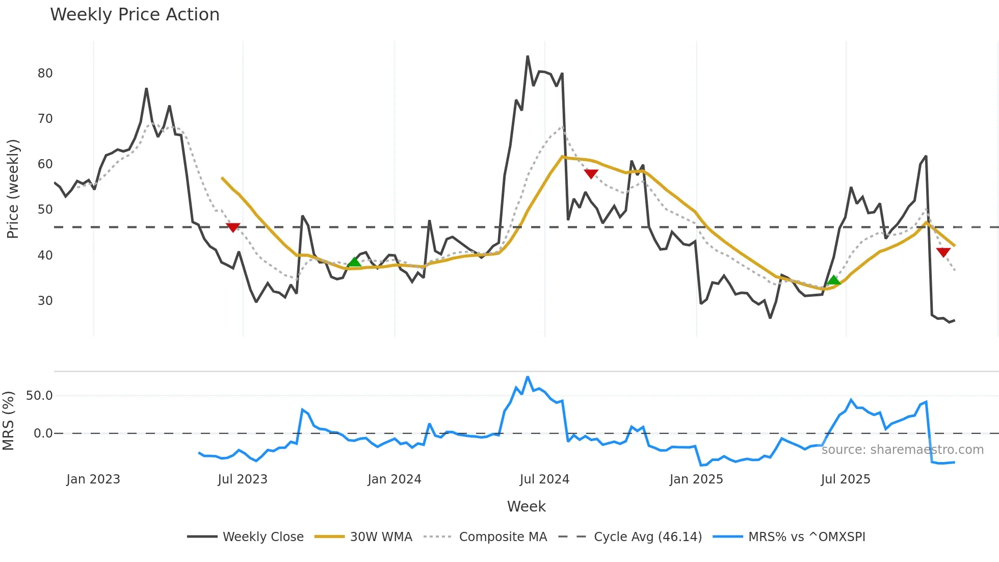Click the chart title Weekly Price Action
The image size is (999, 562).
coord(135,15)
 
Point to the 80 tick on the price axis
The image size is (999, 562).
coord(45,73)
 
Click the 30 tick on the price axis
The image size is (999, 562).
coord(45,301)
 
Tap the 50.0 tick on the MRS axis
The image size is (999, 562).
coord(39,396)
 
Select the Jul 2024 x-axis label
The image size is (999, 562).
coord(544,479)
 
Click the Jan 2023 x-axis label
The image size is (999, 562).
coord(93,479)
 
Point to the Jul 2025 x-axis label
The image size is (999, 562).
coord(846,479)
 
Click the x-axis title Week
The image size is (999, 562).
coord(526,506)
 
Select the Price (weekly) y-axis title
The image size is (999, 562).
coord(13,189)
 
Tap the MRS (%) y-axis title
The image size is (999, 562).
coord(8,421)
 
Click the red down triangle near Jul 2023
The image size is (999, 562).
coord(233,227)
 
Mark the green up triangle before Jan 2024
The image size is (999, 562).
coord(354,262)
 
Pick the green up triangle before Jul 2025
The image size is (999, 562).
coord(833,280)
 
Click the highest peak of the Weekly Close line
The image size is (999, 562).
coord(528,57)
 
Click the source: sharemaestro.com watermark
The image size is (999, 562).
coord(902,450)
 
